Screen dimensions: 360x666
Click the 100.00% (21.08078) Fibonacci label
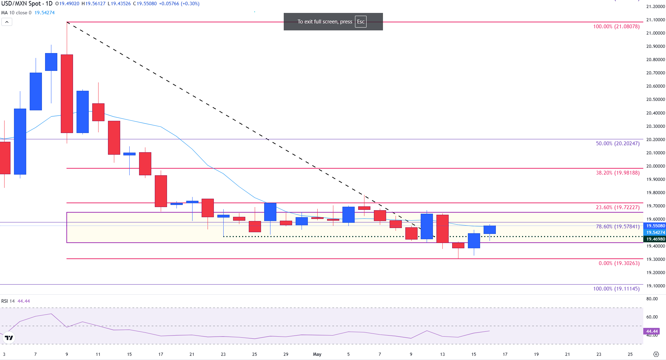point(616,27)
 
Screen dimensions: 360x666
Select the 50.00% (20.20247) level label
point(617,144)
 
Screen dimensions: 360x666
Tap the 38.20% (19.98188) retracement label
point(617,173)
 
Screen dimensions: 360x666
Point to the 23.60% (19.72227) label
point(617,207)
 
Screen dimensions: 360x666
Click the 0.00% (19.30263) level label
point(619,263)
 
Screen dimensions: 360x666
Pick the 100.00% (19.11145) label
point(616,289)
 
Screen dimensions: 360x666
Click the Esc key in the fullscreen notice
point(361,22)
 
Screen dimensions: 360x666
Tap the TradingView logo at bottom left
point(9,338)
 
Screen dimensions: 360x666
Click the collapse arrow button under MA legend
point(7,22)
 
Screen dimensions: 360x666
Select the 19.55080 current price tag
point(655,226)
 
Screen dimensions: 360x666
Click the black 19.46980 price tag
point(655,239)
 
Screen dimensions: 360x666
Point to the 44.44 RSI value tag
point(652,331)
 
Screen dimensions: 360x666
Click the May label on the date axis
point(317,354)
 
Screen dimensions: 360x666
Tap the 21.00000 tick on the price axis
point(655,33)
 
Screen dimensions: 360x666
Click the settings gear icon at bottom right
point(656,354)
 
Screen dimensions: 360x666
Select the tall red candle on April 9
point(67,94)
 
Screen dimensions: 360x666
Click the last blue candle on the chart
point(490,230)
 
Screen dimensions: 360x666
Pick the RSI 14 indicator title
point(8,301)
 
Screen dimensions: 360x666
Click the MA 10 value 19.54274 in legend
point(44,13)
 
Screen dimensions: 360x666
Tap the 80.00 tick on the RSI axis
point(652,299)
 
